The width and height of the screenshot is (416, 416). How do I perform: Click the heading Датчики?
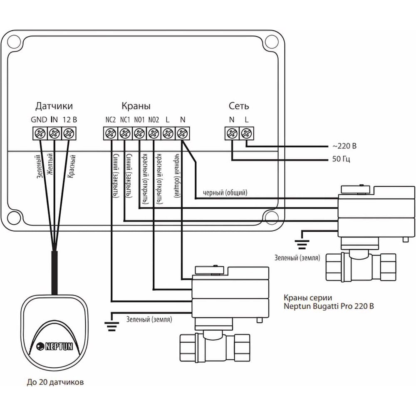point(57,106)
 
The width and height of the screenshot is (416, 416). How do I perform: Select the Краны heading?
point(136,106)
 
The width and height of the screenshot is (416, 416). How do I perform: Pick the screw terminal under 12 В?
point(68,134)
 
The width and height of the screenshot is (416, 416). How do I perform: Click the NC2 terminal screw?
point(110,134)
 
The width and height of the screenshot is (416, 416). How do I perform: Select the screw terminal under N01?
point(139,134)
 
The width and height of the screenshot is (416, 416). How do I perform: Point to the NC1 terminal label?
point(125,119)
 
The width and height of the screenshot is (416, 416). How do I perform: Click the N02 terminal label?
point(154,119)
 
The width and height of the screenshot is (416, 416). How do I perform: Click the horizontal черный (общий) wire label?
point(225,193)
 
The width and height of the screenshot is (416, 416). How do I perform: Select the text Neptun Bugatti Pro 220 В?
point(328,307)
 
